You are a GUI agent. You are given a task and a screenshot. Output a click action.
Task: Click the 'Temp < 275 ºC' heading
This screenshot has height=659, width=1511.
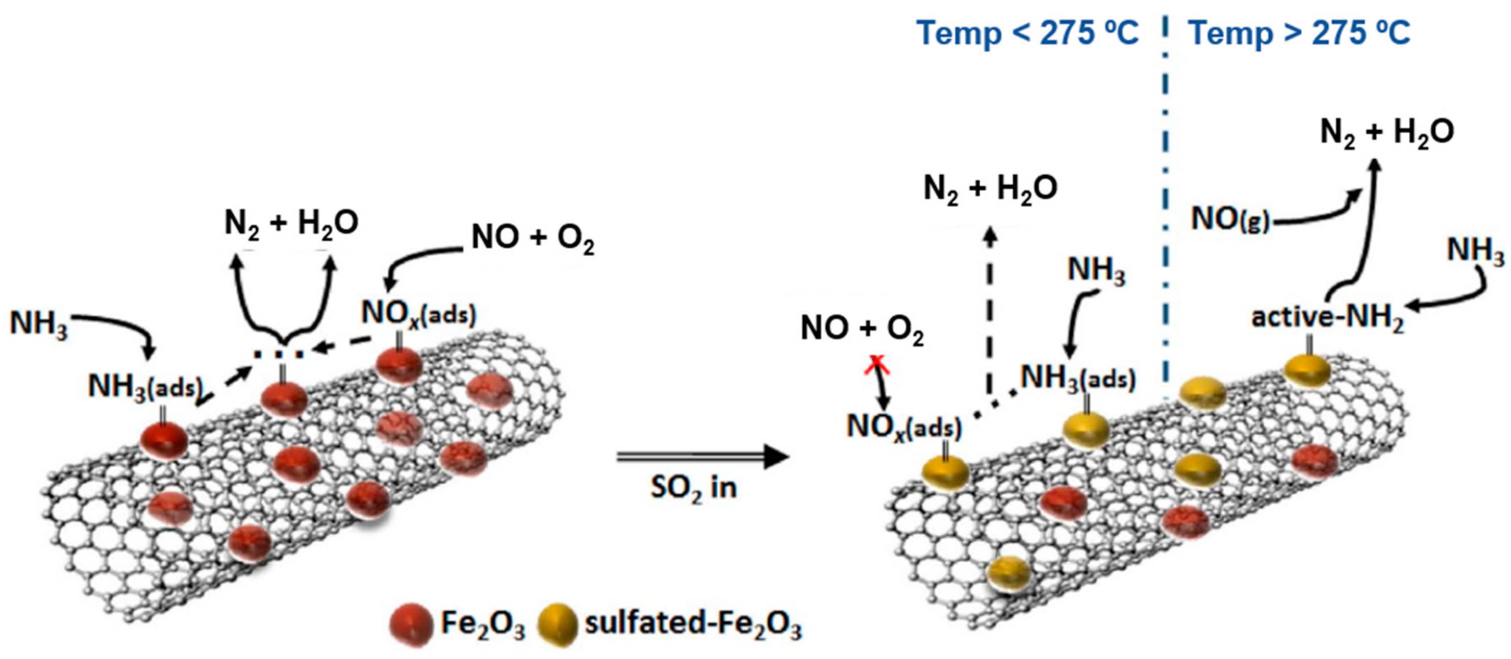[x=1027, y=33]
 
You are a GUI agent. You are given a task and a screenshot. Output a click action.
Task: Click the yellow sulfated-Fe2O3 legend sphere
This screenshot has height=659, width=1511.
[x=557, y=625]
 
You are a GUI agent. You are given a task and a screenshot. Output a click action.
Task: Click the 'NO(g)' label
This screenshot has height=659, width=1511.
[x=1231, y=220]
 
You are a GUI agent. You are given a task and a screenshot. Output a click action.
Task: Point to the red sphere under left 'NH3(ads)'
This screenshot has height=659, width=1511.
[x=164, y=438]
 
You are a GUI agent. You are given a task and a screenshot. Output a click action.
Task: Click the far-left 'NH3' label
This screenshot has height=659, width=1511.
[x=39, y=323]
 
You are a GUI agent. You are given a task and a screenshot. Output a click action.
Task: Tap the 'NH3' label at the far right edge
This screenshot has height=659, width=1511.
[x=1476, y=251]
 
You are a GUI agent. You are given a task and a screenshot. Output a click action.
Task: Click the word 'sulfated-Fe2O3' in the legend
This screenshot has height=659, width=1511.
[x=693, y=624]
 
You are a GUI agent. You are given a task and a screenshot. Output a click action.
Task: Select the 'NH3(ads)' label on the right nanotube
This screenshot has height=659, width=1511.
[x=1078, y=378]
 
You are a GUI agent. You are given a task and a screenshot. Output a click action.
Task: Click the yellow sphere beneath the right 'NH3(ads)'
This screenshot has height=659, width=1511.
[x=1086, y=429]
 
